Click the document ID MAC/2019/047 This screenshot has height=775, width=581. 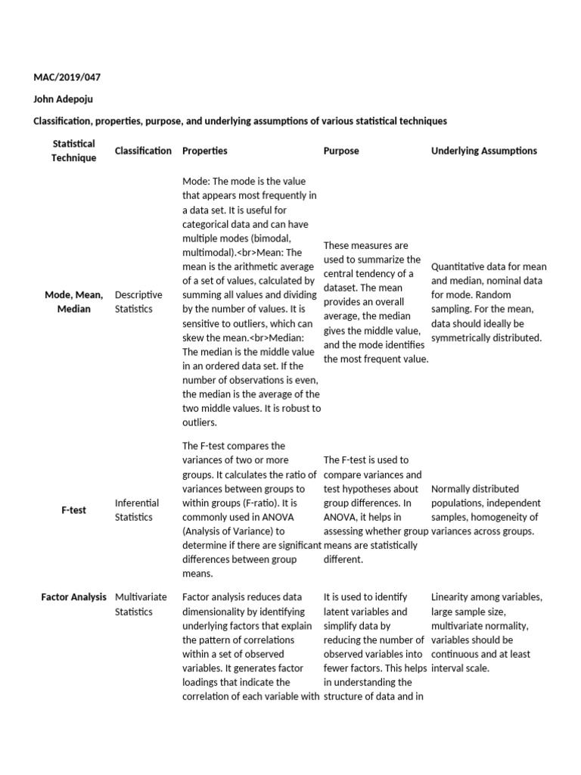67,78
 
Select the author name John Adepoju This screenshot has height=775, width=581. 64,99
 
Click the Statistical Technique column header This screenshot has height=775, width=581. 73,151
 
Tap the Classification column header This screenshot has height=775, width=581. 143,151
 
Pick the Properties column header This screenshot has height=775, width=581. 204,151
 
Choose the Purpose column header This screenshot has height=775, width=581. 341,151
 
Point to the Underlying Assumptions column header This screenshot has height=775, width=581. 484,151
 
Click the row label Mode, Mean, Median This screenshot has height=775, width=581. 73,302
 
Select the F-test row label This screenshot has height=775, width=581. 73,510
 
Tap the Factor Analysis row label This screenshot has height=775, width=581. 73,597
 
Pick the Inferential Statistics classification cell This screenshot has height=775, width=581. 137,510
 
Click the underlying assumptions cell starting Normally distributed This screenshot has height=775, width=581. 486,510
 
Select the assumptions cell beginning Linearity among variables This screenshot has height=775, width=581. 486,633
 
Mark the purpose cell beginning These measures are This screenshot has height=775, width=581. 375,302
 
